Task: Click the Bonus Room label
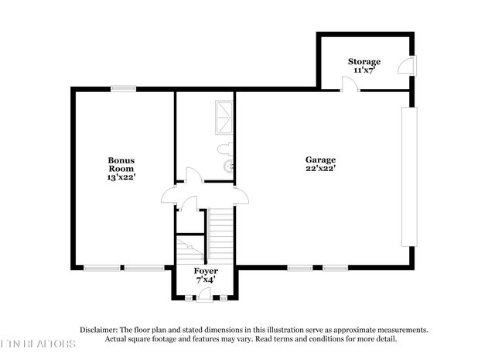[121, 164]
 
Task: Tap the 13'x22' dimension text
[121, 177]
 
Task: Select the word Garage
[320, 159]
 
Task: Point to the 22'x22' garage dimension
[320, 168]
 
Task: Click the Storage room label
[364, 61]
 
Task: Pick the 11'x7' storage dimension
[364, 70]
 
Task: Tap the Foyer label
[205, 272]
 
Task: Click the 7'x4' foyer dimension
[205, 280]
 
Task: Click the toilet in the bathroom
[227, 147]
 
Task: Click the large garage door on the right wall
[408, 177]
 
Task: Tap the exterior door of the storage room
[406, 67]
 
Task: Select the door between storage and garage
[350, 83]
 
